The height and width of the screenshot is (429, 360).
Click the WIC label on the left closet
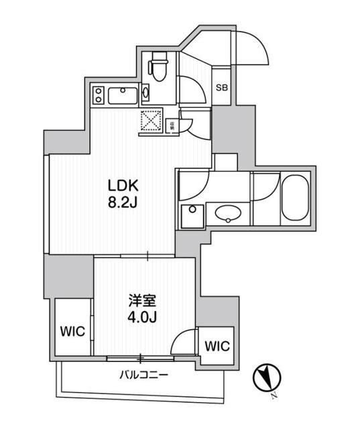point(70,332)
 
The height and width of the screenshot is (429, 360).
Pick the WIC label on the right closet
point(216,346)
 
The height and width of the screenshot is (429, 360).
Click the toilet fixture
point(158,68)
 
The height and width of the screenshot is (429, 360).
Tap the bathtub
point(293,198)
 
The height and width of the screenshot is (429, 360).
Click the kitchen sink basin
point(124,95)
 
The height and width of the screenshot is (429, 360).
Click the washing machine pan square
point(192,217)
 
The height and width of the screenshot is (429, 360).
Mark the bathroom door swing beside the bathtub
point(265,187)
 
